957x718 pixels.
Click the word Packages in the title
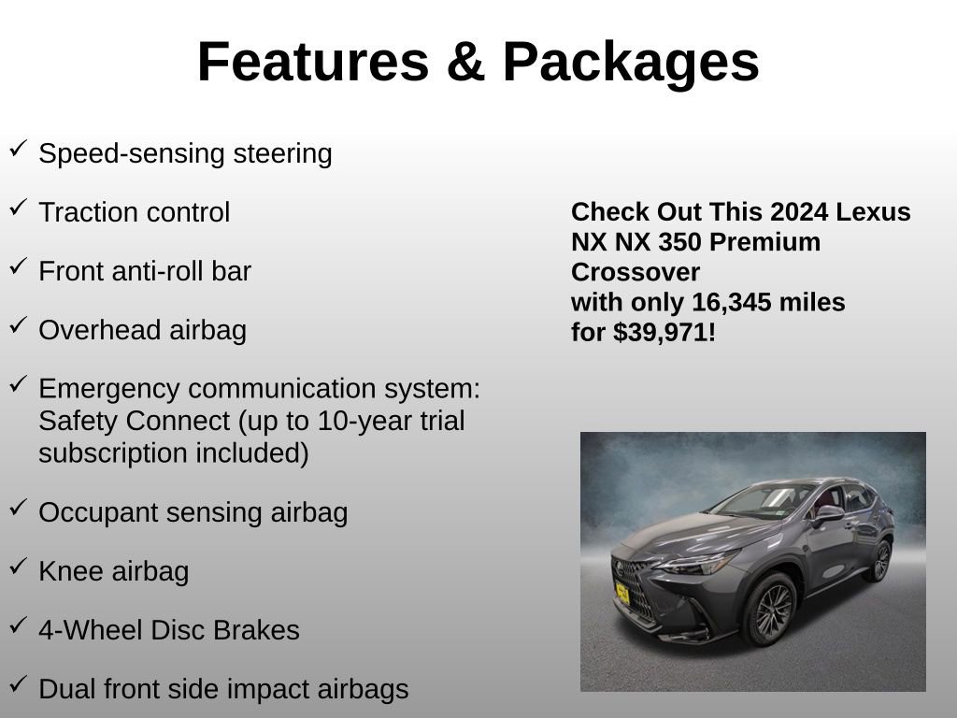point(631,63)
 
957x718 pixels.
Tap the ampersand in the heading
point(465,63)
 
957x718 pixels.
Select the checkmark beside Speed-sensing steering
point(18,148)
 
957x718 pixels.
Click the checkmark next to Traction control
point(18,208)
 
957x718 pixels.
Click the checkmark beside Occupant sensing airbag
point(18,508)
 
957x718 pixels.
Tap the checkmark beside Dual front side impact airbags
point(18,684)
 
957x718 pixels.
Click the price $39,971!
point(664,332)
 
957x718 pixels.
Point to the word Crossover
point(636,272)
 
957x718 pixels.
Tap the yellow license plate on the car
point(621,595)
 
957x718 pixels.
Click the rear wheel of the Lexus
point(879,561)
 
